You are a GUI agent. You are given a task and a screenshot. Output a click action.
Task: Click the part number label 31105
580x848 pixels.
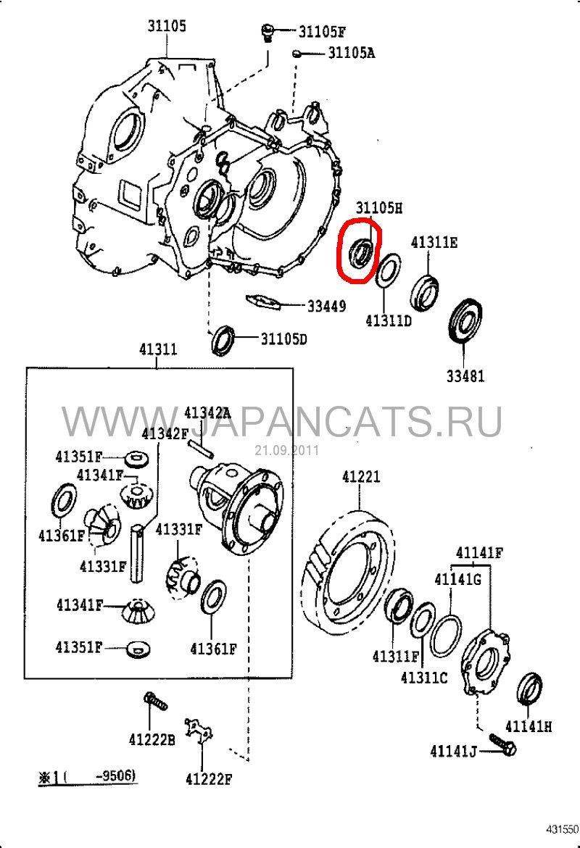167,25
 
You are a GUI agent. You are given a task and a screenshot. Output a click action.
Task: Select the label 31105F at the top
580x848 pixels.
321,32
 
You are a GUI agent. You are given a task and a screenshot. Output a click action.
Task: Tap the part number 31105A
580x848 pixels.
351,53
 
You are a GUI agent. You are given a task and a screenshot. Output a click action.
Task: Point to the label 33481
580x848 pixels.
465,375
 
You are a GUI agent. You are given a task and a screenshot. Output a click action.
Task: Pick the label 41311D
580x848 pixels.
389,320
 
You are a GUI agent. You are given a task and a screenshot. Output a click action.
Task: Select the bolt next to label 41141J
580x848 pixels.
503,744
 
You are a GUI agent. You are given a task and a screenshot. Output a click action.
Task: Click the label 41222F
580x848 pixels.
209,779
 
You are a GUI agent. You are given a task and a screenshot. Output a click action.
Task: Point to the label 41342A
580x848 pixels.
207,414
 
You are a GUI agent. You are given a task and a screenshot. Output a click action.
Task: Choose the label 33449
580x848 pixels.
326,306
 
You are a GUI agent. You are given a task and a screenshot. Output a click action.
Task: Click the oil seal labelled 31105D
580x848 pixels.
223,340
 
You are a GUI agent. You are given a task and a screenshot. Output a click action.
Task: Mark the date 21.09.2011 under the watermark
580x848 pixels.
286,451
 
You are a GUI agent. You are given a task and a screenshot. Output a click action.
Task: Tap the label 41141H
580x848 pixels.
529,726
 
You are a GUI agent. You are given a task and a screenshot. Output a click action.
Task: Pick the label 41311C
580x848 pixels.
424,677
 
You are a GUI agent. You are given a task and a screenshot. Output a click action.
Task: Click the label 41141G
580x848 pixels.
457,579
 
